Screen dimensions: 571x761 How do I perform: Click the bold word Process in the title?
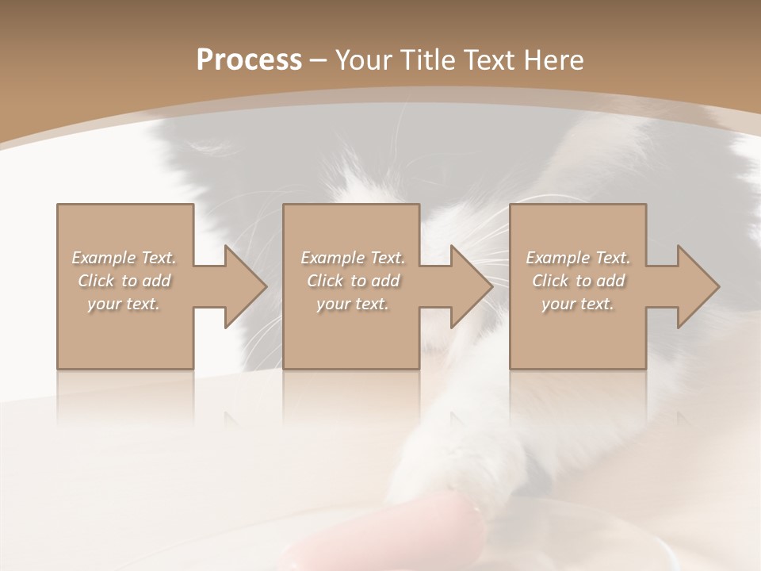pyautogui.click(x=249, y=60)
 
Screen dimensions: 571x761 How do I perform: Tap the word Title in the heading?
pyautogui.click(x=424, y=60)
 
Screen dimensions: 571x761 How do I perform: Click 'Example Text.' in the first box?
pyautogui.click(x=124, y=258)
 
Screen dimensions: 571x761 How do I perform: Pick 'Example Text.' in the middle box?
pyautogui.click(x=352, y=258)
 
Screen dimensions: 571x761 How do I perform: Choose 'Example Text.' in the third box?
pyautogui.click(x=578, y=258)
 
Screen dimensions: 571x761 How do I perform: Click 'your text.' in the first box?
pyautogui.click(x=124, y=304)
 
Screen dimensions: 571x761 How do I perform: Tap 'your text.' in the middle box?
pyautogui.click(x=352, y=304)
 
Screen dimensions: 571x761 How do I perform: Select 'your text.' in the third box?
pyautogui.click(x=578, y=304)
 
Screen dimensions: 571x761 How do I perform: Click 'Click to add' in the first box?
pyautogui.click(x=124, y=281)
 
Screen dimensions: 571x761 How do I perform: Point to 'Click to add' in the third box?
pyautogui.click(x=578, y=281)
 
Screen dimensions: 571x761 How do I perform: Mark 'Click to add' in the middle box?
pyautogui.click(x=352, y=281)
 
